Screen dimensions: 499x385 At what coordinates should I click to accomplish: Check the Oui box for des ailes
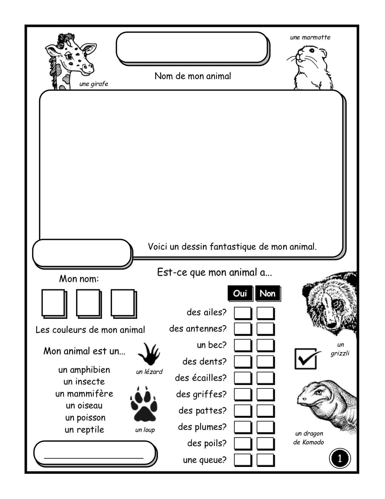tap(242, 313)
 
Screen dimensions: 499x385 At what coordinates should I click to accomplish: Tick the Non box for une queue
tap(265, 460)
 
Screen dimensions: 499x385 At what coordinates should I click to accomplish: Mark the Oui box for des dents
tap(242, 362)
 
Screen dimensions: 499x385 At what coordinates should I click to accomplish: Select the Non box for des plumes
tap(265, 427)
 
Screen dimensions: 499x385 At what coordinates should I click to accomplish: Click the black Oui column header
tap(240, 293)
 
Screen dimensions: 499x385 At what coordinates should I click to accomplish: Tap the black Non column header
tap(268, 293)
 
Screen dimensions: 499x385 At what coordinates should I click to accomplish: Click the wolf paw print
tap(144, 404)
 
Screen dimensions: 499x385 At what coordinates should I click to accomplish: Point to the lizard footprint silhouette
tap(149, 354)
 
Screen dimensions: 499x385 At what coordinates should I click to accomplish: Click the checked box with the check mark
tap(306, 359)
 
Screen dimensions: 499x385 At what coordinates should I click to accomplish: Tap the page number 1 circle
tap(340, 458)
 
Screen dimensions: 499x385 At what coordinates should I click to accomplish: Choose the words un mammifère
tap(84, 394)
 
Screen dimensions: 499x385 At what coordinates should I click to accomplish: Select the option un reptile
tap(84, 430)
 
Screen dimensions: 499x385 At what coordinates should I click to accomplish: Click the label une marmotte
tap(310, 38)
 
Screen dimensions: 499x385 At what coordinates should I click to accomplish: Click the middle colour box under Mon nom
tap(88, 303)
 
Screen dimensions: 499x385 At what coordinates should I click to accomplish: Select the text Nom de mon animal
tap(193, 76)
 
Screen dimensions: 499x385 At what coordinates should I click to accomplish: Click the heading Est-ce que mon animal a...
tap(214, 272)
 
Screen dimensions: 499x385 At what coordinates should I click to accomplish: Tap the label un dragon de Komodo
tap(309, 438)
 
